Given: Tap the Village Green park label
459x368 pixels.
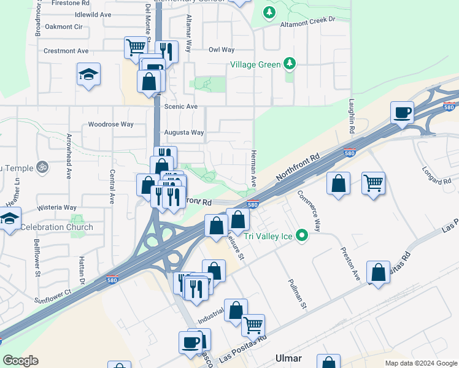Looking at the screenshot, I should point(255,64).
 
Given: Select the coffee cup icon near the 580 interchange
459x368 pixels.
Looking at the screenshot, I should point(402,112).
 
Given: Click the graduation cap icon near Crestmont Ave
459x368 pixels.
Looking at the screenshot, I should point(89,74).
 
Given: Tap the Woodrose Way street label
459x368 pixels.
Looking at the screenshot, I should point(110,124).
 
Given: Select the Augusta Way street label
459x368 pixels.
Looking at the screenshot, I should point(184,132).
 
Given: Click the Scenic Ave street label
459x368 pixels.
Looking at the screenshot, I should point(181,106).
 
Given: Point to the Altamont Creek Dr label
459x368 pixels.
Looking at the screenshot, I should point(308,20).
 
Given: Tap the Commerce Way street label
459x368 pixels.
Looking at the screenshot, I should point(309,210).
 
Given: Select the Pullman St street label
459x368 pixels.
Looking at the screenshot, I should point(296,293).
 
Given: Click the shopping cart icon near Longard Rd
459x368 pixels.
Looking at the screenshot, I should point(373,183).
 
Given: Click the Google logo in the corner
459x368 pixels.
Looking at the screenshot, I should point(20,361).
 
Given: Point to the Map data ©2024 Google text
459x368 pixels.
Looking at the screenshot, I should point(420,363).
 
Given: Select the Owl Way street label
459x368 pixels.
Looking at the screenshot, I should point(222,50).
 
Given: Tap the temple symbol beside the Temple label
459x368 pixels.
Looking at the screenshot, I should point(43,166).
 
